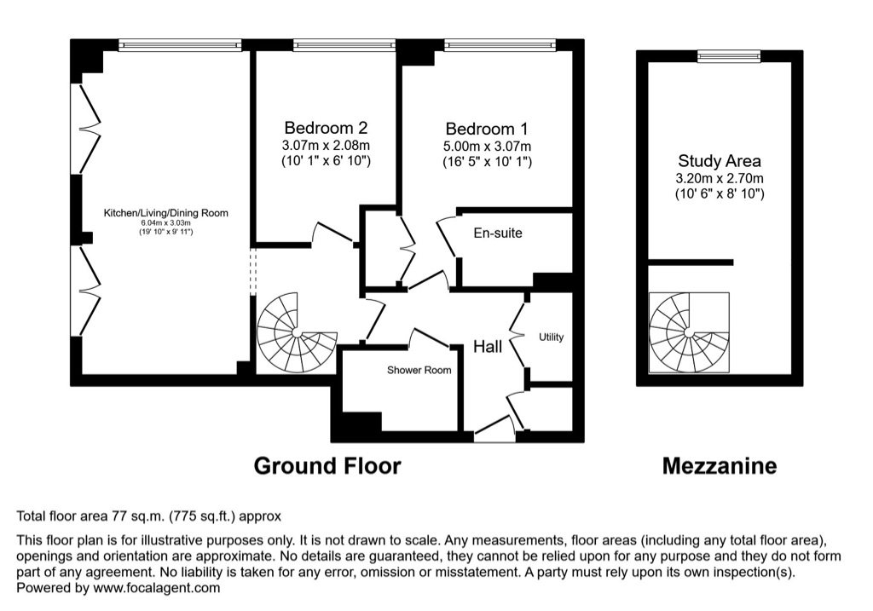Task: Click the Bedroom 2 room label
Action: coord(326,128)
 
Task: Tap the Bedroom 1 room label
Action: coord(487,129)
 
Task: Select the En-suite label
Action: coord(498,233)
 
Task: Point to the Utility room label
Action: coord(552,337)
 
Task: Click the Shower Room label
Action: coord(419,370)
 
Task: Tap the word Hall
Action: coord(488,347)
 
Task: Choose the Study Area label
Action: coord(720,161)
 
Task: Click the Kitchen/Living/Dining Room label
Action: coord(166,212)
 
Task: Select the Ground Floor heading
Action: coord(327,466)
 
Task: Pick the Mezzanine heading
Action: coord(720,466)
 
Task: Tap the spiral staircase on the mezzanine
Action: coord(689,332)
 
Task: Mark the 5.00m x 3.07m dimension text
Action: coord(487,147)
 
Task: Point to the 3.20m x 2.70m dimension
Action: coord(720,179)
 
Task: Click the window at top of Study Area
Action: coord(729,55)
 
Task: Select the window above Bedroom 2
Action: coord(344,45)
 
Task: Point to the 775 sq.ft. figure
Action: coord(201,516)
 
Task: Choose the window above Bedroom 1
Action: coord(500,45)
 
